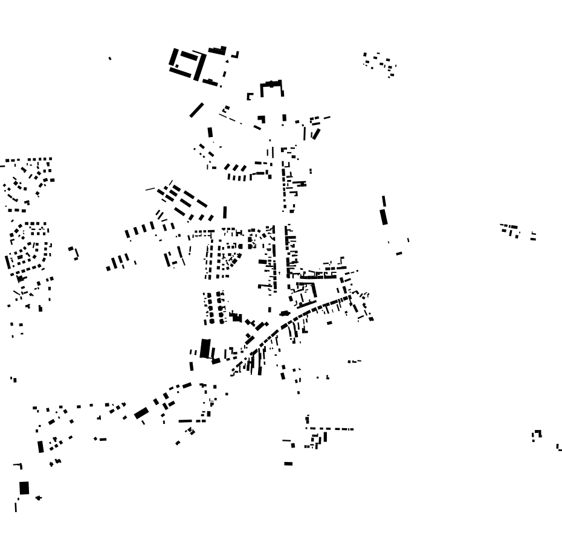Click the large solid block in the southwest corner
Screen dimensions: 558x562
24,487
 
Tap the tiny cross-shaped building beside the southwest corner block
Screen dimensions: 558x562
39,498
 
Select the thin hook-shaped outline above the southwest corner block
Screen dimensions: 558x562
19,466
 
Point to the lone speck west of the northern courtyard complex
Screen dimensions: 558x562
109,59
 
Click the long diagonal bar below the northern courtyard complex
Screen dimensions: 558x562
196,110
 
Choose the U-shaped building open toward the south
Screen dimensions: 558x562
271,88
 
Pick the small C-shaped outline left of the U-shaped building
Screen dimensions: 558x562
249,97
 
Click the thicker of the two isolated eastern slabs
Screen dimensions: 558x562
384,217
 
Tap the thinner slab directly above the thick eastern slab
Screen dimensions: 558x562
384,201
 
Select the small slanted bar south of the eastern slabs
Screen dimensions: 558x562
399,254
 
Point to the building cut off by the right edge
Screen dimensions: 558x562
559,447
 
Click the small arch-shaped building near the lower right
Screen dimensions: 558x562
537,434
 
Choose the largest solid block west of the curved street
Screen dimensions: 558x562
205,348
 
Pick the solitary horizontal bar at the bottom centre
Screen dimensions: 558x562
288,464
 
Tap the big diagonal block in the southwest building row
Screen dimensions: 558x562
141,414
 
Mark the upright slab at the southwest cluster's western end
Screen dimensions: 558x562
40,446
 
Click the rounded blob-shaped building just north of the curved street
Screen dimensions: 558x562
285,313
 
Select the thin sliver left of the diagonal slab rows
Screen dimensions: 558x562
150,189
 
